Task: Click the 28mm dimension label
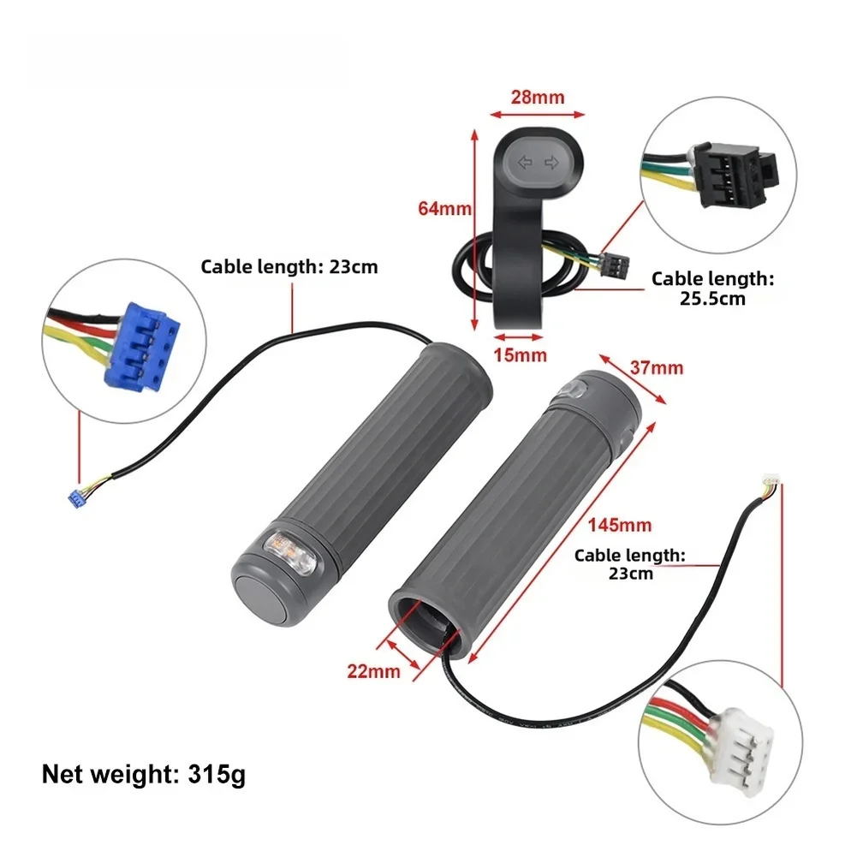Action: click(538, 98)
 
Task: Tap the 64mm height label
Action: click(444, 208)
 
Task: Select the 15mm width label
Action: click(520, 355)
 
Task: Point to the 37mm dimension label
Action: click(657, 368)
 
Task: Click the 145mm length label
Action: click(620, 525)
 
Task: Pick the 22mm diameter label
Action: click(374, 671)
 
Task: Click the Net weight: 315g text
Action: click(144, 775)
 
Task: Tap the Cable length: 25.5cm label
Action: click(712, 289)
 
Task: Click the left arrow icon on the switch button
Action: click(525, 163)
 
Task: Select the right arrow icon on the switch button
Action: click(551, 163)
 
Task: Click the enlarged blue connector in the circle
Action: click(142, 347)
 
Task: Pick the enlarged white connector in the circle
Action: click(741, 751)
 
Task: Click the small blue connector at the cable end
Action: click(76, 498)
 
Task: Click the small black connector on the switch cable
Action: click(615, 265)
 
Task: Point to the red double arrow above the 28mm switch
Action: click(538, 114)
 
